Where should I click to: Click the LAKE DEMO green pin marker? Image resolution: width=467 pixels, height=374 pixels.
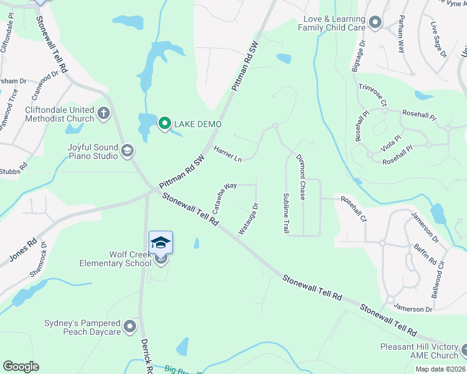coord(165,123)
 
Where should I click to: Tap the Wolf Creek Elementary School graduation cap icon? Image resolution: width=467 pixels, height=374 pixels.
coord(160,242)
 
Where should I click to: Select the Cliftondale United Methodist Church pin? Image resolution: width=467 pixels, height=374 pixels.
coord(104,113)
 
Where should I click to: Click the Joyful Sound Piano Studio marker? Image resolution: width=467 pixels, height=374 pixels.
coord(127,150)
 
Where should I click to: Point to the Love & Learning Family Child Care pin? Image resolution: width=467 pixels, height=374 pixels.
coord(375,23)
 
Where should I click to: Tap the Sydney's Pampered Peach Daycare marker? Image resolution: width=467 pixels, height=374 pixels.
coord(130,327)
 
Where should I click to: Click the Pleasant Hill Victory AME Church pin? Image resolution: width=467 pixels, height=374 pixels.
coord(463,350)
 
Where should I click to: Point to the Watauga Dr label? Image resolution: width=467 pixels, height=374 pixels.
coord(248,219)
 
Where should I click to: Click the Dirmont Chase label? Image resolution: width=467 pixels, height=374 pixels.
coord(300,178)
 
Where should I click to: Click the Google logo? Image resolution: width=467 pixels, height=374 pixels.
coord(21,367)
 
